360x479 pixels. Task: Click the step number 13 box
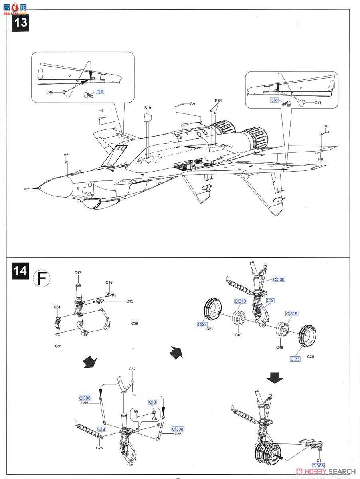click(x=21, y=22)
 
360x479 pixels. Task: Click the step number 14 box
click(x=21, y=271)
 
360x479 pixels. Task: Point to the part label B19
click(x=148, y=108)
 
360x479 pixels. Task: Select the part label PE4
click(x=218, y=101)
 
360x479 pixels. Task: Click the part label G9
click(x=192, y=104)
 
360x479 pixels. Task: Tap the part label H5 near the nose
click(x=66, y=154)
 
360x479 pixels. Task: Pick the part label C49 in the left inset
click(x=50, y=92)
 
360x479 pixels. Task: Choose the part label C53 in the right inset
click(x=318, y=103)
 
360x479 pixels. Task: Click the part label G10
click(x=325, y=126)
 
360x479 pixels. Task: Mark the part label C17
click(x=78, y=273)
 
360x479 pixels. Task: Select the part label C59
click(x=135, y=323)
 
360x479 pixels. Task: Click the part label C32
click(x=132, y=369)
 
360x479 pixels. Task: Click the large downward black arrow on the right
click(x=275, y=377)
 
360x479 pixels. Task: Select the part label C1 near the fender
click(x=319, y=460)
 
